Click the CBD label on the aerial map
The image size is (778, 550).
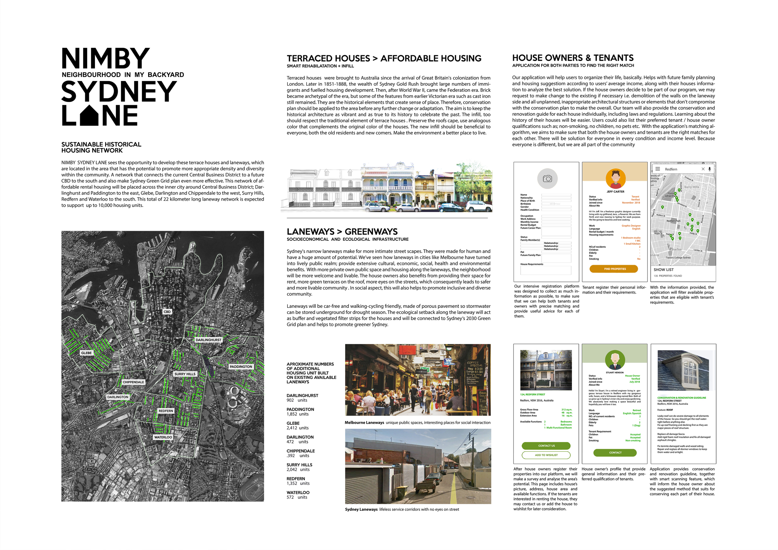(x=167, y=312)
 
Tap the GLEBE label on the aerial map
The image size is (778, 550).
(x=87, y=353)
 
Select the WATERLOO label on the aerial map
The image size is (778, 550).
(x=163, y=437)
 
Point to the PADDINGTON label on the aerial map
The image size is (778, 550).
(x=241, y=367)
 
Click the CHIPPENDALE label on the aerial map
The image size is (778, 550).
(x=133, y=382)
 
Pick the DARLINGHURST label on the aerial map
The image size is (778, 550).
(x=209, y=340)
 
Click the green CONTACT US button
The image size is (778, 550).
(x=546, y=446)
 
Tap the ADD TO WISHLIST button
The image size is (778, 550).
(x=546, y=455)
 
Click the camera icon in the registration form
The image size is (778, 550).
(x=547, y=179)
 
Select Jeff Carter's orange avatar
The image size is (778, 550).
(x=615, y=179)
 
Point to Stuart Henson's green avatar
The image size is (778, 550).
(x=615, y=360)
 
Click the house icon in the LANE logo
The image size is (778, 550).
(x=89, y=115)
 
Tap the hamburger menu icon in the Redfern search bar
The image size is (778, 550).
(x=658, y=169)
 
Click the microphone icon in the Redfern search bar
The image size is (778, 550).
(x=710, y=169)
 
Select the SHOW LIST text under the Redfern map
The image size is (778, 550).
(x=663, y=270)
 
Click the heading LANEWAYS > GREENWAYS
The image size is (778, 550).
(x=342, y=232)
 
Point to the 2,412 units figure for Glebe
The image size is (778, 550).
(x=298, y=428)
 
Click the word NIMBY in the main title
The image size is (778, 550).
(x=105, y=58)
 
